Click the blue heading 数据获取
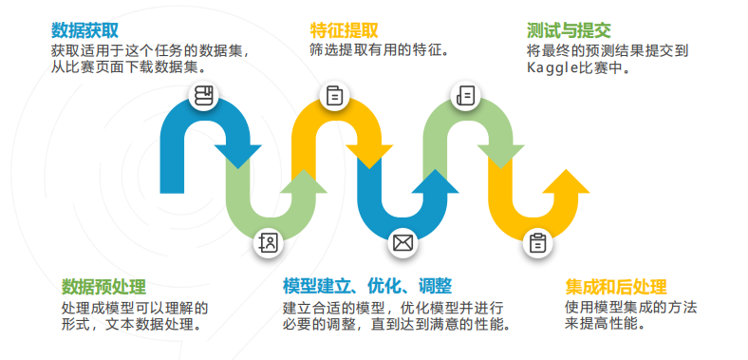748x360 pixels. click(x=85, y=29)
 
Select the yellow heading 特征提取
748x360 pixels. click(x=344, y=29)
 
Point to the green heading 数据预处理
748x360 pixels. click(x=103, y=287)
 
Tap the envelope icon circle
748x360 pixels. click(x=403, y=243)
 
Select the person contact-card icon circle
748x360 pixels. click(x=270, y=243)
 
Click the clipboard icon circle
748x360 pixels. click(x=537, y=243)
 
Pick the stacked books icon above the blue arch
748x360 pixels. click(x=202, y=95)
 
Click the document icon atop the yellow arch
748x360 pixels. click(x=335, y=95)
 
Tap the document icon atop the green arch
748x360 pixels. click(x=465, y=95)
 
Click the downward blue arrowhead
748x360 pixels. click(x=240, y=154)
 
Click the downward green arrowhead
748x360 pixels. click(x=502, y=154)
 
